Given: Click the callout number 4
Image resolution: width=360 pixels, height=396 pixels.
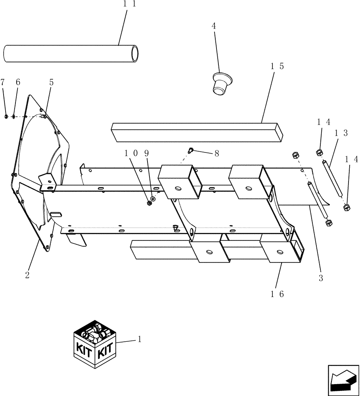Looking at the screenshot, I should coord(214,27).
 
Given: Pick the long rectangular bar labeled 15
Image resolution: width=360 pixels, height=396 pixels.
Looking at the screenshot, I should coord(197,131).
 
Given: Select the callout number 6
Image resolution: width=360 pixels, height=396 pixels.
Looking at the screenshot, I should coord(17,82).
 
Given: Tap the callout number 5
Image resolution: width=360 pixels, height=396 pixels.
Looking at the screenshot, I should coord(51,82).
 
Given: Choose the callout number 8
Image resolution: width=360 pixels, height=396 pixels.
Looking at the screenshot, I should coord(216,153).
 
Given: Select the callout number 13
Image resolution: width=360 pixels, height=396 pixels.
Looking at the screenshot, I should coord(341,133).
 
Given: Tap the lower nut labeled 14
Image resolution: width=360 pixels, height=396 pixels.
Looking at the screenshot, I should coord(346,207).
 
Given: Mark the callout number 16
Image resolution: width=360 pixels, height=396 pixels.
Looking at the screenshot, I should coord(277,294).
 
